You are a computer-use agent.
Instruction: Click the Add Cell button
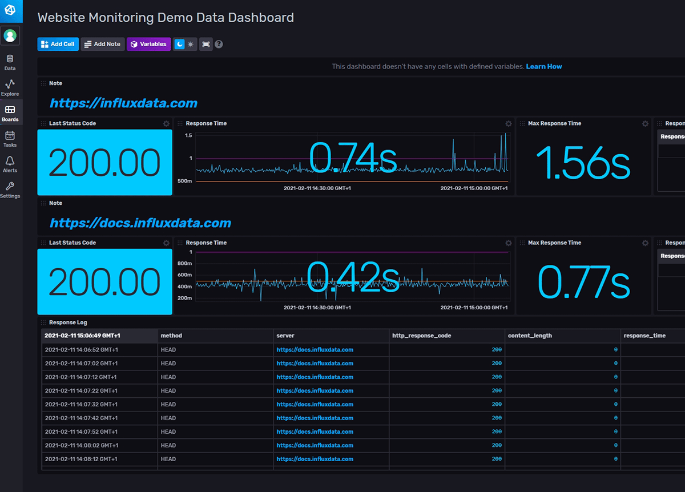click(58, 44)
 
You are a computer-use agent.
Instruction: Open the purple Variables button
click(148, 44)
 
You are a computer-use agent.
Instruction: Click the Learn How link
click(543, 67)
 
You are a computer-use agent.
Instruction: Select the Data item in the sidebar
click(10, 62)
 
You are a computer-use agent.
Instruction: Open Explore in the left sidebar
click(10, 87)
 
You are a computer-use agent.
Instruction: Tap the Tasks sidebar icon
click(10, 139)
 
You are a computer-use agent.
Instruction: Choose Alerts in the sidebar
click(10, 164)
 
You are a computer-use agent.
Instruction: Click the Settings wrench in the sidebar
click(10, 189)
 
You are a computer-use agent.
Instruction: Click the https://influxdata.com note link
click(123, 103)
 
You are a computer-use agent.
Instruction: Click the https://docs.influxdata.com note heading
click(140, 223)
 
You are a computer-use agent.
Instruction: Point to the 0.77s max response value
click(583, 282)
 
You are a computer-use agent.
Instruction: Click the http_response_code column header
click(421, 336)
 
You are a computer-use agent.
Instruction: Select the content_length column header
click(530, 336)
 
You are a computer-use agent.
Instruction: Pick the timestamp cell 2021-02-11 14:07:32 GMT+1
click(81, 404)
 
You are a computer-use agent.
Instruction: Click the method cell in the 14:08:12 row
click(168, 459)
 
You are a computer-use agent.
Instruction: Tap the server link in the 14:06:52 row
click(315, 349)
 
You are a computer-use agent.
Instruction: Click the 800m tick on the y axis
click(185, 264)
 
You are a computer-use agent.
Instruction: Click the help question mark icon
click(219, 44)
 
